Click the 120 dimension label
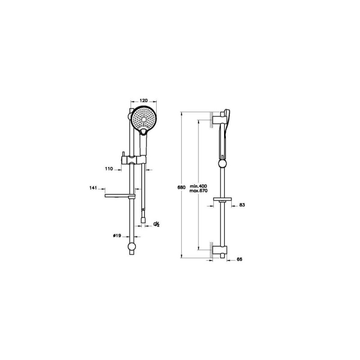click(x=144, y=100)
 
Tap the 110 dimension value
click(x=109, y=169)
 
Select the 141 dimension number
click(x=93, y=188)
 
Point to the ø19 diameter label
click(x=117, y=235)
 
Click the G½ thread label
click(x=157, y=224)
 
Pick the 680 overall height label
click(x=181, y=187)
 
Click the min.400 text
click(x=198, y=186)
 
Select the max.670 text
click(x=198, y=190)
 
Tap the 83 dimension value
click(x=242, y=205)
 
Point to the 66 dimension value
click(x=239, y=259)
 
